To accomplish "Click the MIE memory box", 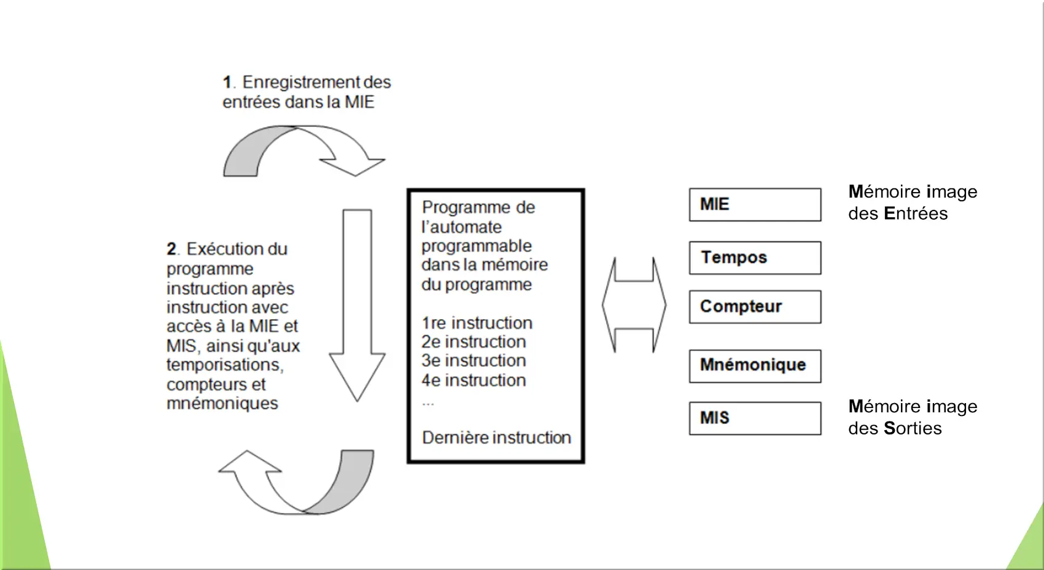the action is tap(755, 205).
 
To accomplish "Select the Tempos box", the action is tap(755, 258).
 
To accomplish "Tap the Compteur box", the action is tap(755, 307).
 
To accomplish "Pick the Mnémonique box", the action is tap(755, 366).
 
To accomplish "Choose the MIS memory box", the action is tap(755, 418).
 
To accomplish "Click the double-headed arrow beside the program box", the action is tap(634, 305).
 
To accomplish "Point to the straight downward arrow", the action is tap(357, 305).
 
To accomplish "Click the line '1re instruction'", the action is tap(477, 323).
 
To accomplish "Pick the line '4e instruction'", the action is tap(473, 380).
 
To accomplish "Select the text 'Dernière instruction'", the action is tap(496, 437).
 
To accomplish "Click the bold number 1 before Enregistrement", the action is tap(227, 82).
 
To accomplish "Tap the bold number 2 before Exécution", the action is tap(171, 249).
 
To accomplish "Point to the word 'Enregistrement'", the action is tap(301, 82).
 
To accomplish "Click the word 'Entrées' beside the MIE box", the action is tap(916, 214).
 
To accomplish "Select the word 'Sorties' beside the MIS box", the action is tap(913, 428).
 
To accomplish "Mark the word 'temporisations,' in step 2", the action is tap(225, 364).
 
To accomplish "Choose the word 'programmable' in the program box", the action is tap(477, 247).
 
